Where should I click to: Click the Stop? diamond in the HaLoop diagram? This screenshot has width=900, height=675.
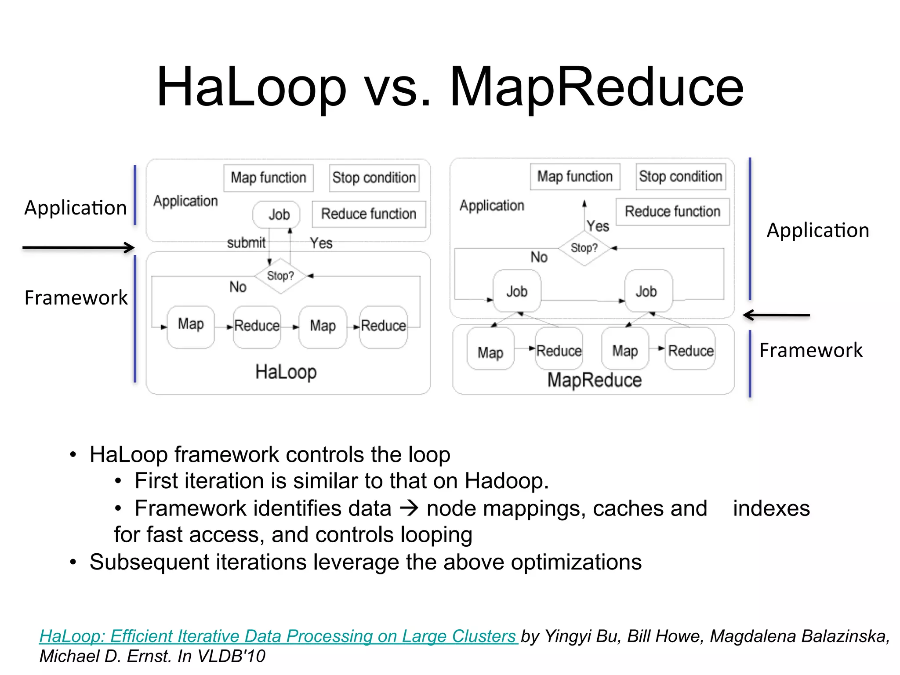point(280,276)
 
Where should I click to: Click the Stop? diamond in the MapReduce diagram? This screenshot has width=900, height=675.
point(584,248)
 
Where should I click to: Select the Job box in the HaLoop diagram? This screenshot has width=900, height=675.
point(277,214)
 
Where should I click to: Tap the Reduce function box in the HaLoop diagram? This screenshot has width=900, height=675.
point(369,214)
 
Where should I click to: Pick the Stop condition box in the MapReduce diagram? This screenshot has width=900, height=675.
point(680,177)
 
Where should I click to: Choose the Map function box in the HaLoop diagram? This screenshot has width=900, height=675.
point(269,178)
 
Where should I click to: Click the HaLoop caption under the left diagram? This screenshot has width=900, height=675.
point(286,372)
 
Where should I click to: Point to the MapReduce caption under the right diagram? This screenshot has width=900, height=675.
point(594,380)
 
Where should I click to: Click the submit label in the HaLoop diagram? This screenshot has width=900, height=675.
point(246,243)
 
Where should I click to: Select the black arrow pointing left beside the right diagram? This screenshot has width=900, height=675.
point(776,315)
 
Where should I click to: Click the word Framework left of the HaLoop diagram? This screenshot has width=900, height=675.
point(76,298)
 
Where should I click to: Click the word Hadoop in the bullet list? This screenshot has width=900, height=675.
point(507,481)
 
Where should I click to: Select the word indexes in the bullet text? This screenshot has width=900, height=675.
point(771,508)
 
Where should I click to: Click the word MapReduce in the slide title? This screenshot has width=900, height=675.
point(596,87)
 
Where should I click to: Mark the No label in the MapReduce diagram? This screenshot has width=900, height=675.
point(539,257)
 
